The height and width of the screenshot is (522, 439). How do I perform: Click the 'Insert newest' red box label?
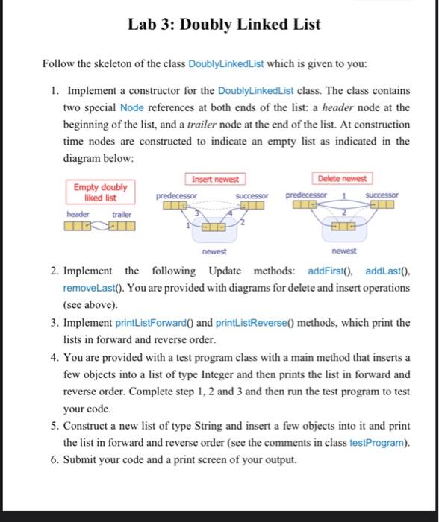click(x=215, y=180)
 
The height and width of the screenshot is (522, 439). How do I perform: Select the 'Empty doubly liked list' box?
click(x=100, y=192)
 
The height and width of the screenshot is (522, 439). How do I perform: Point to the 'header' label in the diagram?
click(x=78, y=213)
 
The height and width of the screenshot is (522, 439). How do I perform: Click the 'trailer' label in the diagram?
click(x=122, y=213)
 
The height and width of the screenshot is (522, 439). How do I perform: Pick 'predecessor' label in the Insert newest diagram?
click(x=176, y=195)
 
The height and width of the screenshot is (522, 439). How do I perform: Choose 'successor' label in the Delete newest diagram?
click(x=382, y=195)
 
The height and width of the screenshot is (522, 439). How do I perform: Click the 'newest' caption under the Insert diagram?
click(x=215, y=252)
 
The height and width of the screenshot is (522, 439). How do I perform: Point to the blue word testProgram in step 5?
click(x=384, y=443)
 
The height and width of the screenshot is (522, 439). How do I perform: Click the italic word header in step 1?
click(x=351, y=108)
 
